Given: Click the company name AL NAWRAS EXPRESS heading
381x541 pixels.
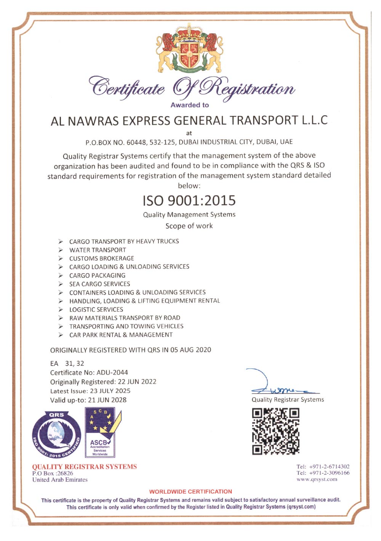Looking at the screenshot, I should [189, 120].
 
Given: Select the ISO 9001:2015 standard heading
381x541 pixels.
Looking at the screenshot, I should [189, 200].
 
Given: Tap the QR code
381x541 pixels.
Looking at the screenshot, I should [275, 431].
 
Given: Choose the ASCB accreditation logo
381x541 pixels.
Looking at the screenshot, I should [99, 432].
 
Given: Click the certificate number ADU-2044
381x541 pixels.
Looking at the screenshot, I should [112, 373].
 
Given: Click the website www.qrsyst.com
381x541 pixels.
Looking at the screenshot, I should [317, 479].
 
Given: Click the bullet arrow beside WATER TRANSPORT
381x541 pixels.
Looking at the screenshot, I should [61, 250].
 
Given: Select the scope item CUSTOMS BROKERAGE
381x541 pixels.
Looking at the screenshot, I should [101, 258].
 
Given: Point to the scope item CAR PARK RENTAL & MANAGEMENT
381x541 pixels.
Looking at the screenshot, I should [121, 335].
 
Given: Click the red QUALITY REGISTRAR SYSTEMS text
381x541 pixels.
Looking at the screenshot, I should [84, 467].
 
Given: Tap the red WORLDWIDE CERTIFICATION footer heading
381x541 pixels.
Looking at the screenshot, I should [190, 491].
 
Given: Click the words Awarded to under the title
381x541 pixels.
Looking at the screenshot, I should [189, 105].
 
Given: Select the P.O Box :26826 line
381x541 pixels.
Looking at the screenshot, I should [53, 473].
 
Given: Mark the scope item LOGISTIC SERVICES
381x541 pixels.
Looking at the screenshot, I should [96, 309].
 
